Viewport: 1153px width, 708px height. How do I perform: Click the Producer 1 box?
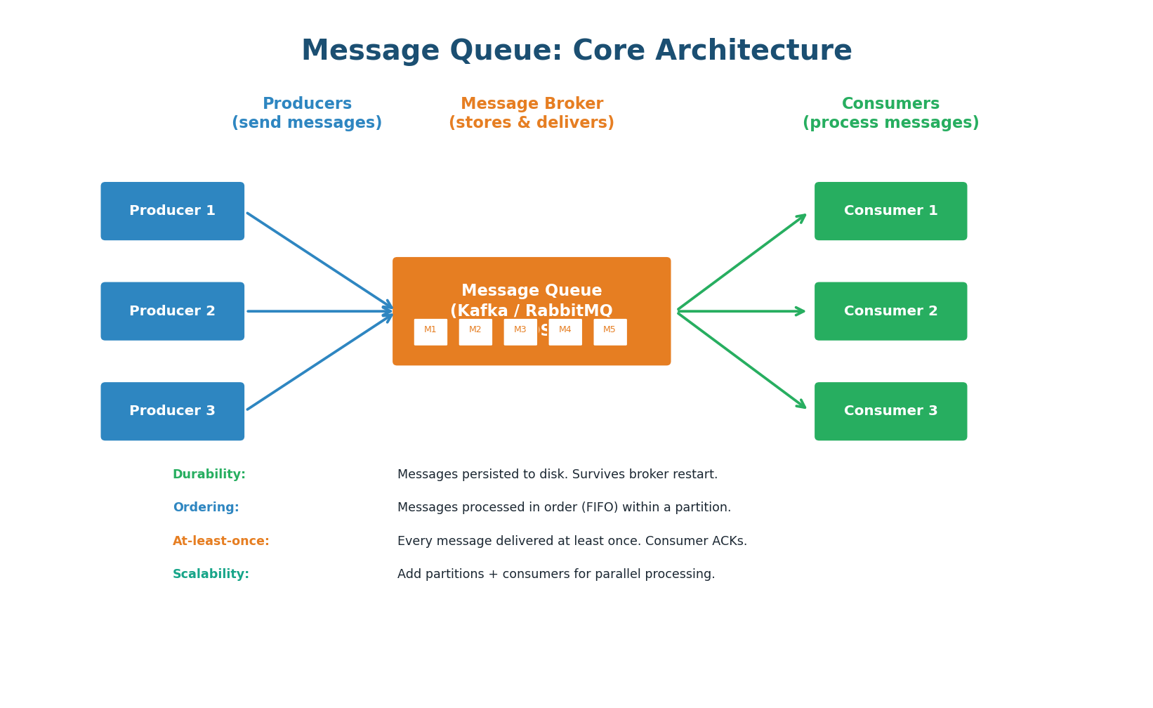click(172, 211)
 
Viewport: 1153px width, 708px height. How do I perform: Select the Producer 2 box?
click(172, 311)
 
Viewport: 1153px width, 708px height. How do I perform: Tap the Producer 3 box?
click(172, 411)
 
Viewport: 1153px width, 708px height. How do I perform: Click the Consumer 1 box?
click(890, 211)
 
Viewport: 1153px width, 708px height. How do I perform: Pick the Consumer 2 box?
click(890, 311)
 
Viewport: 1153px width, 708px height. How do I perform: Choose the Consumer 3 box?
click(890, 411)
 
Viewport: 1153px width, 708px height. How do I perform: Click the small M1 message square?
click(430, 332)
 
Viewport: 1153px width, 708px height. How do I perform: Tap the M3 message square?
click(520, 332)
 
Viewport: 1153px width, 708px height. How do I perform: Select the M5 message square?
click(610, 332)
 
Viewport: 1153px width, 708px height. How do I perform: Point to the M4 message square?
click(565, 332)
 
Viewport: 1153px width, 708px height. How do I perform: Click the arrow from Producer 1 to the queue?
click(319, 261)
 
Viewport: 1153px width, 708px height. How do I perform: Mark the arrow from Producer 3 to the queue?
click(319, 361)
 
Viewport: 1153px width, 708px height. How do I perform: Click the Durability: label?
click(209, 475)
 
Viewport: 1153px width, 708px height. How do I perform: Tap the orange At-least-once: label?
click(221, 542)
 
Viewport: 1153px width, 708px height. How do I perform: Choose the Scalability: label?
click(211, 575)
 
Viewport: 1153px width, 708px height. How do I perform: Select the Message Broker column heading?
click(532, 113)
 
